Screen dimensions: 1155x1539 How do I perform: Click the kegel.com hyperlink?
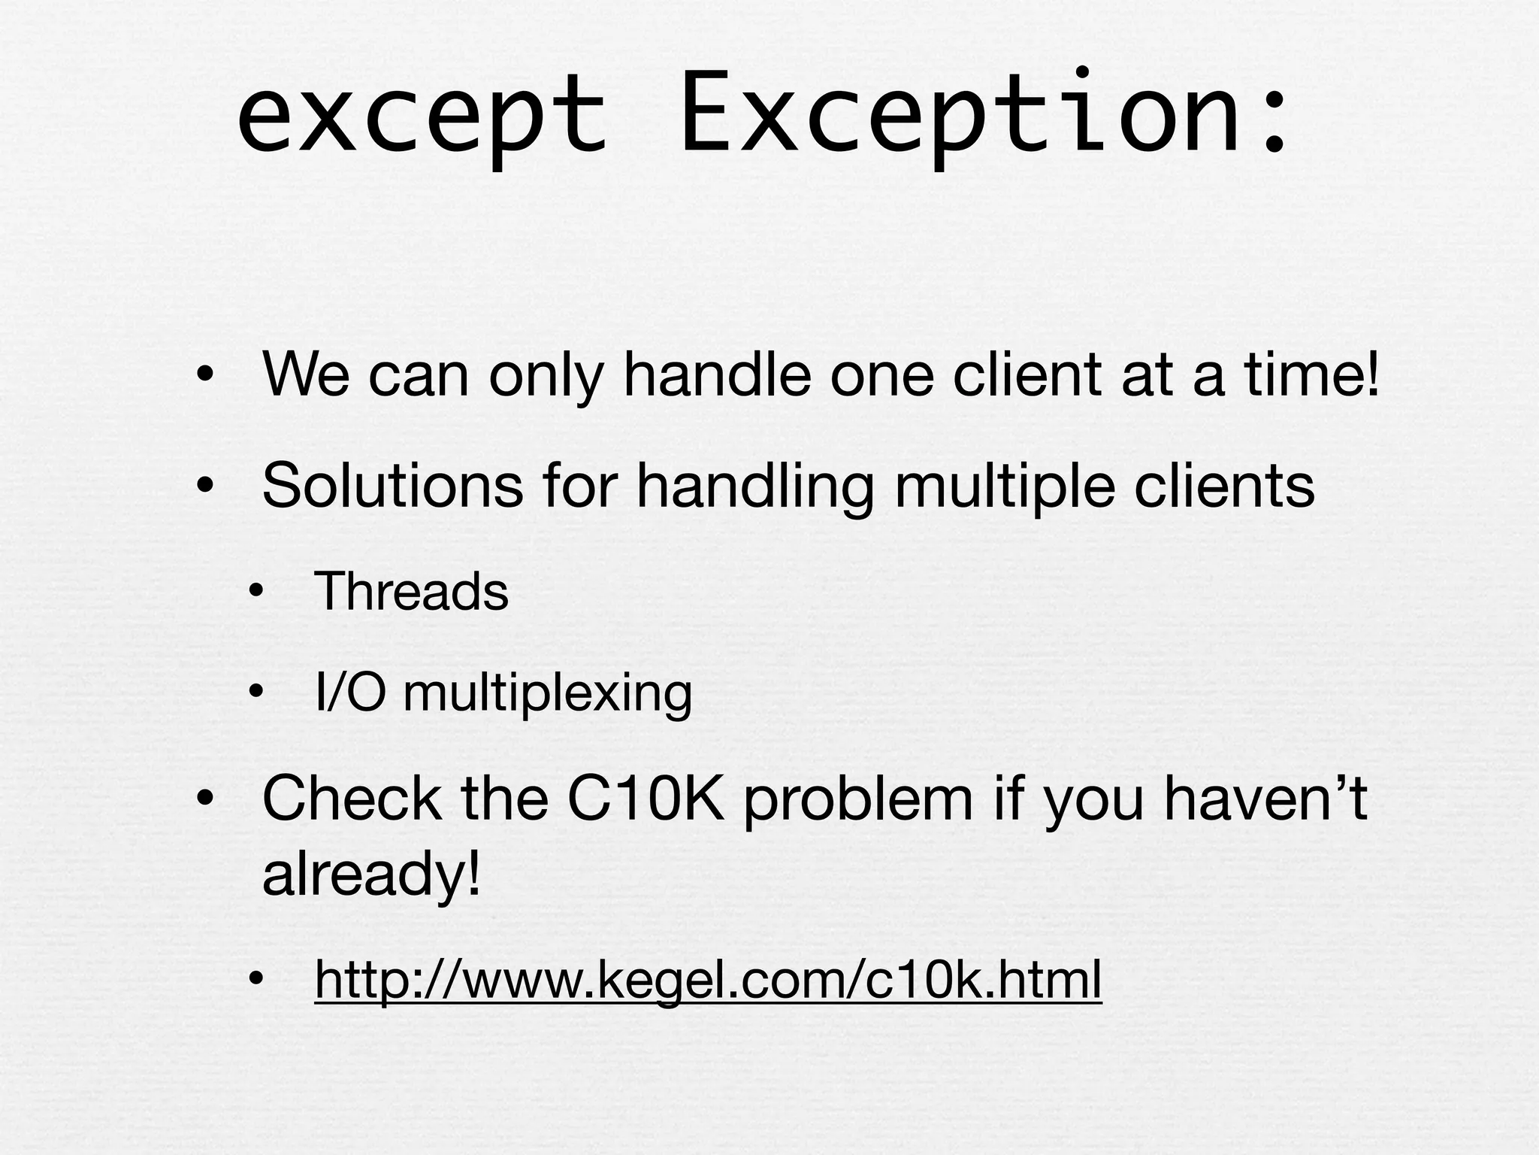coord(708,979)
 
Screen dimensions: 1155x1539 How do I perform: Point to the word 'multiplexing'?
coord(547,693)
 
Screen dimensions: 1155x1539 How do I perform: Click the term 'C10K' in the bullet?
coord(646,799)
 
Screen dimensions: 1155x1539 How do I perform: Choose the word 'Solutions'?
coord(392,486)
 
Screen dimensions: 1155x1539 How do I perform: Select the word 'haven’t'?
coord(1265,799)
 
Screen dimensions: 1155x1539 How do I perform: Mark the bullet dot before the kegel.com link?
coord(257,979)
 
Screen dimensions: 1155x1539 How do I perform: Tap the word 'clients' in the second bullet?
coord(1224,486)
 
